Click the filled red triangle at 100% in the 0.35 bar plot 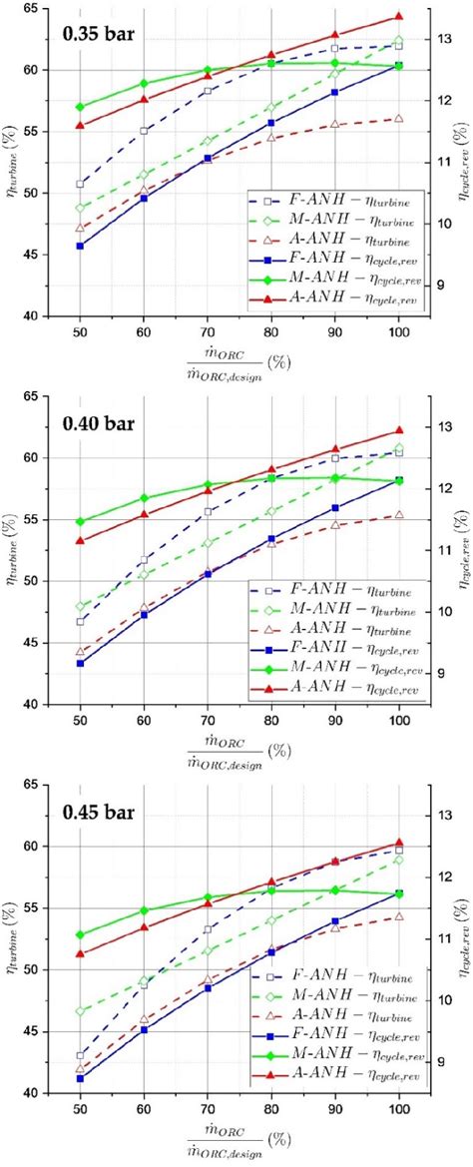[398, 16]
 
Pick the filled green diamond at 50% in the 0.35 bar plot [80, 107]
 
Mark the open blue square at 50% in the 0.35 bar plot [80, 184]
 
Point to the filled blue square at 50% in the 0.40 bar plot [80, 663]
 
